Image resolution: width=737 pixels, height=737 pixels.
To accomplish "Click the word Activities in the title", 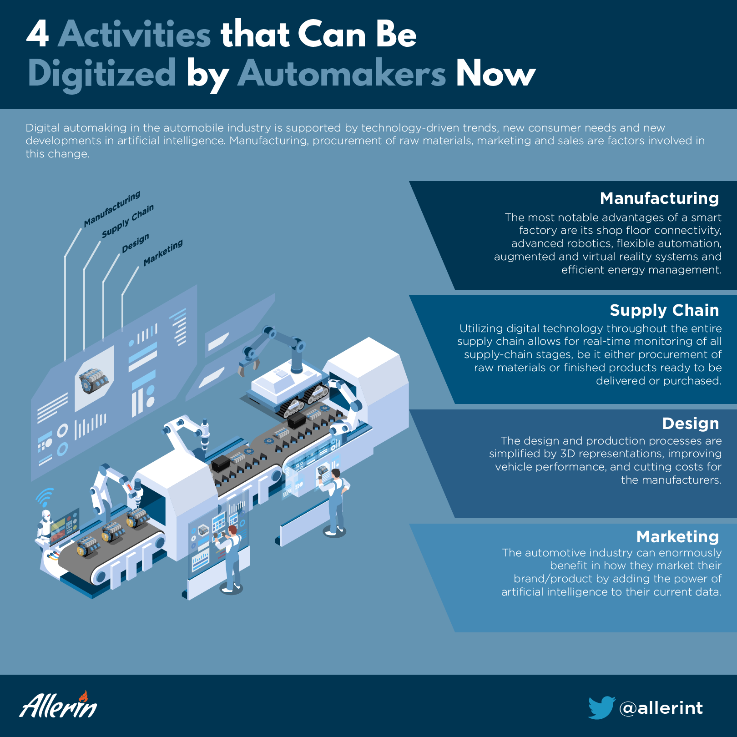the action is tap(135, 35).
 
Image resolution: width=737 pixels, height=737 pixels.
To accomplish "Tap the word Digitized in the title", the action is tap(102, 74).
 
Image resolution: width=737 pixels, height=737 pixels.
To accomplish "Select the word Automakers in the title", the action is tap(342, 74).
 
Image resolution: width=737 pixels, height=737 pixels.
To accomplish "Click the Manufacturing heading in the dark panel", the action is tap(659, 198).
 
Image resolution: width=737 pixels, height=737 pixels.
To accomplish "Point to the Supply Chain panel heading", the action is tap(664, 310).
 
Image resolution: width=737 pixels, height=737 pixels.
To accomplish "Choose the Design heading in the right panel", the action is tap(691, 424).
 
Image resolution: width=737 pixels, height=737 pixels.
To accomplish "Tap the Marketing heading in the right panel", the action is tap(677, 537).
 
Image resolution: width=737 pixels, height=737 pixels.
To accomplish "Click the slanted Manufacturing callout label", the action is tap(112, 209).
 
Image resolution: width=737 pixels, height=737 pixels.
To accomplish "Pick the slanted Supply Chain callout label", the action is tap(128, 221).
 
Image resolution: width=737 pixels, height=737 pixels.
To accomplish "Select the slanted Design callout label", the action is tap(135, 243).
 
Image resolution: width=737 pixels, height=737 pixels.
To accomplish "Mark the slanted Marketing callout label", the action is tap(163, 252).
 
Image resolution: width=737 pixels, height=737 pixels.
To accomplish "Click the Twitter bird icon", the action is tap(601, 707).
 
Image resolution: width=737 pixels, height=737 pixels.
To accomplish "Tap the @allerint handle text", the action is tap(661, 708).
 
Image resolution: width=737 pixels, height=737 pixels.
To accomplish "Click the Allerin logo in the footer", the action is tap(58, 705).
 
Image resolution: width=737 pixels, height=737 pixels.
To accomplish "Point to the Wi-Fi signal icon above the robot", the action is tap(45, 497).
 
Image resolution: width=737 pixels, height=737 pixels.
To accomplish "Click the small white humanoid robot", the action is tap(45, 525).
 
